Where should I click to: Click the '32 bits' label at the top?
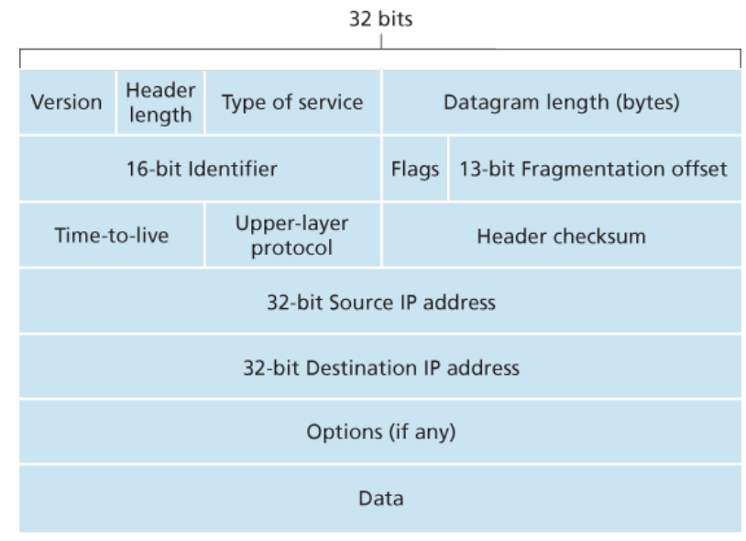(x=380, y=19)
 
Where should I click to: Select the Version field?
(x=67, y=103)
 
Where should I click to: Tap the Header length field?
(x=160, y=103)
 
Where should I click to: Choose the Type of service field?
(x=292, y=103)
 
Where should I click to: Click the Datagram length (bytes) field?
(x=562, y=103)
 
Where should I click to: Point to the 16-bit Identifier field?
(x=200, y=169)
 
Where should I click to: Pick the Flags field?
(x=415, y=169)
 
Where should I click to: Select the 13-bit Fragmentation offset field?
(x=595, y=169)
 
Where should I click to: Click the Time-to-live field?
(x=111, y=235)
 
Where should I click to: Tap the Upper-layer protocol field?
(x=292, y=235)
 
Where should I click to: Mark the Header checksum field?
(x=562, y=235)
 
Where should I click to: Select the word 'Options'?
(x=345, y=432)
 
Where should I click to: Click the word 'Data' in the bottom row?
(x=380, y=498)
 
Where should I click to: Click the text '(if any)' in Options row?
(x=422, y=432)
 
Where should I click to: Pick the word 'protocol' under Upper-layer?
(x=291, y=248)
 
